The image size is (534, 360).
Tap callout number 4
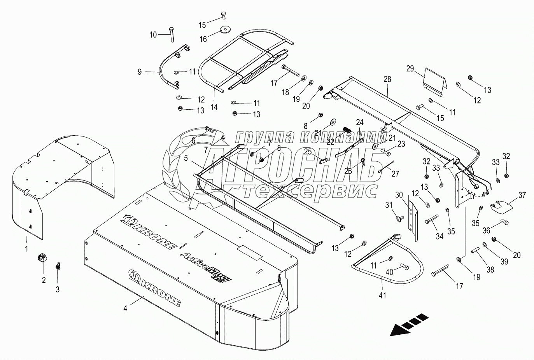[x=125, y=308]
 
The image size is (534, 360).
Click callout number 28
[x=387, y=79]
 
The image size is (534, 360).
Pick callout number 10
[x=153, y=35]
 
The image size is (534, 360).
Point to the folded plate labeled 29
[x=435, y=82]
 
